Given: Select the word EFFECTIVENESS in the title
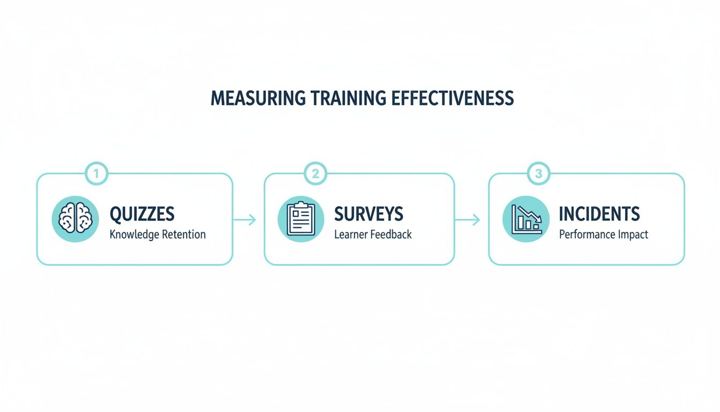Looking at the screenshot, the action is tap(453, 98).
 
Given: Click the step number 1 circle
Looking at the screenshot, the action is tap(97, 174).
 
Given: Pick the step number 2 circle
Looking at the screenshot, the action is tap(316, 174).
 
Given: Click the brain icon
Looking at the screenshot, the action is tap(76, 218).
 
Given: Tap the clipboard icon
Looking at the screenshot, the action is tap(301, 218).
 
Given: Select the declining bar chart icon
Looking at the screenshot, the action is tap(526, 218).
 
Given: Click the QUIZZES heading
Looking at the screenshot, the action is tap(142, 214).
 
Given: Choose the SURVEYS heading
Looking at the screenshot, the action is tap(369, 214).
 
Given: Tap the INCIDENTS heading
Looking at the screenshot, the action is tap(599, 214).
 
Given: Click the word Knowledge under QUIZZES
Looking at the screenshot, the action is tap(133, 234).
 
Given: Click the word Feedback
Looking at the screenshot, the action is tap(391, 234).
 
